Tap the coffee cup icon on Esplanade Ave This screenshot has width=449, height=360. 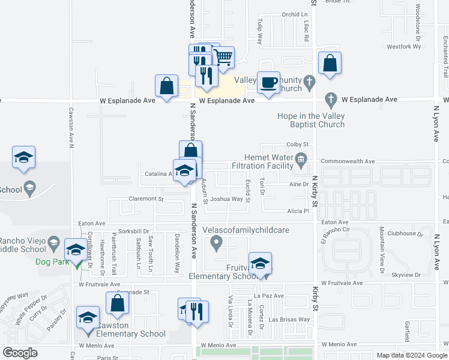click(268, 82)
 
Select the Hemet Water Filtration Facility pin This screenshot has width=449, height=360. click(302, 159)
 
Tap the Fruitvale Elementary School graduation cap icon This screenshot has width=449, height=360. click(260, 263)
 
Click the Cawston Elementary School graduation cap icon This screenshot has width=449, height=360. click(88, 317)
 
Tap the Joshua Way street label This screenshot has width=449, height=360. click(227, 199)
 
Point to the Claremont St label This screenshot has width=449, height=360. click(146, 199)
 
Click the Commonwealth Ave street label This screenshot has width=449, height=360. click(348, 161)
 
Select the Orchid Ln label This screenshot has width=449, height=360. click(294, 14)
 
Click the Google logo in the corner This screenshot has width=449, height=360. click(20, 353)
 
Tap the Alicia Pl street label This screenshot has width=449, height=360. click(298, 211)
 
